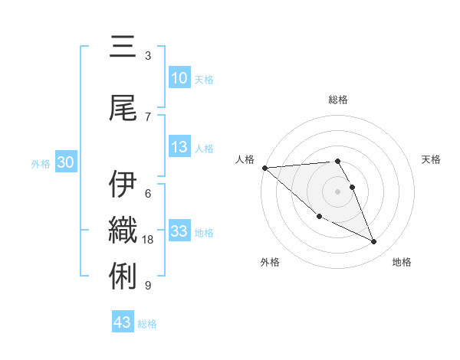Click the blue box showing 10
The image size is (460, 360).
(x=179, y=78)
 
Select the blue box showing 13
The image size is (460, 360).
(x=179, y=147)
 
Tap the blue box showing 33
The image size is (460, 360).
(x=179, y=231)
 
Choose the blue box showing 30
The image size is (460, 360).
(x=64, y=162)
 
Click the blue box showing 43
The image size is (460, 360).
(x=123, y=322)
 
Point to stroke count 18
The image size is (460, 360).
(x=149, y=240)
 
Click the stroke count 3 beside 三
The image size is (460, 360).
(x=148, y=56)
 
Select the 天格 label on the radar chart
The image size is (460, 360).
(x=431, y=159)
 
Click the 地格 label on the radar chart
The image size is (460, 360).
(x=402, y=263)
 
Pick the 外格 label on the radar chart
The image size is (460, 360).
(x=270, y=263)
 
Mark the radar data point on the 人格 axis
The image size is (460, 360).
(x=264, y=168)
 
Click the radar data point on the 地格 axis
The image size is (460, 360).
(x=374, y=242)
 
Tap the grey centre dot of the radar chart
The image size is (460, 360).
(x=337, y=191)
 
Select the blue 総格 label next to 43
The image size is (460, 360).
(x=147, y=324)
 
